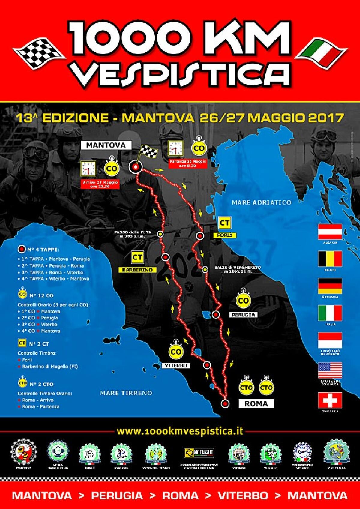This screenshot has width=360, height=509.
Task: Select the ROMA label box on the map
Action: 256,403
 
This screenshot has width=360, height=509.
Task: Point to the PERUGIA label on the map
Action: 243,315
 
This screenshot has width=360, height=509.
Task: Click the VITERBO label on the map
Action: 176,366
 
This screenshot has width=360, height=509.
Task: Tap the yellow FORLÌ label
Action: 225,235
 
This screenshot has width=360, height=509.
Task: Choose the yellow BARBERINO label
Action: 137,270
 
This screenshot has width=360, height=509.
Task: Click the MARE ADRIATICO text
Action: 261,202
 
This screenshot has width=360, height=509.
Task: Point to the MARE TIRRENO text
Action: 126,393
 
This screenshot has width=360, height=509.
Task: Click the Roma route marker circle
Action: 225,403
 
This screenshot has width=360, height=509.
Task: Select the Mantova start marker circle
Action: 136,167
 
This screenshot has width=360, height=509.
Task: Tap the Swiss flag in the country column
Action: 330,400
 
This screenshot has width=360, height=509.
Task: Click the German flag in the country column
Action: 330,286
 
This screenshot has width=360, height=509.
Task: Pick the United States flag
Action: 330,370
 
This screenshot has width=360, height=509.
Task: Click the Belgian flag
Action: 330,259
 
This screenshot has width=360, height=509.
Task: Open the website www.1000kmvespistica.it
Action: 180,431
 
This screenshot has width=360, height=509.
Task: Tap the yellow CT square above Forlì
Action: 225,223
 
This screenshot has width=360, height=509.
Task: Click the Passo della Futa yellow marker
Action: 161,234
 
